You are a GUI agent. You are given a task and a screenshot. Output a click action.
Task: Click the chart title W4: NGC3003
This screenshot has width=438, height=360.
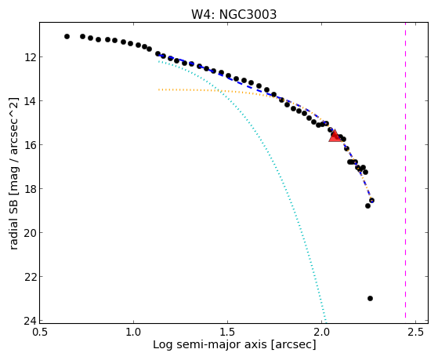tap(233, 14)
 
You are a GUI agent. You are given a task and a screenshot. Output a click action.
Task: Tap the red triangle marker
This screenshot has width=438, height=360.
tap(335, 136)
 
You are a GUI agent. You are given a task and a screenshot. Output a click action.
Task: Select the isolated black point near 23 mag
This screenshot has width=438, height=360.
tap(370, 299)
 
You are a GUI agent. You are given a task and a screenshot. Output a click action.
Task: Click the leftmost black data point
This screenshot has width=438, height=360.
tap(67, 36)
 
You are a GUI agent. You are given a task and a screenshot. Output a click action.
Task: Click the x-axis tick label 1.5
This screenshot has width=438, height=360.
tap(228, 332)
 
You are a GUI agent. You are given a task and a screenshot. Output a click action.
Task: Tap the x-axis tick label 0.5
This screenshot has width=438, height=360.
tap(40, 332)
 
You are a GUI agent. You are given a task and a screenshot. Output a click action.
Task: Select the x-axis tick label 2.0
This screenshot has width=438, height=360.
tap(321, 332)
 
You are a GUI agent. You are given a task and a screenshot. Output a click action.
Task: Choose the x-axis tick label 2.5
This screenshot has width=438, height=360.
tap(415, 332)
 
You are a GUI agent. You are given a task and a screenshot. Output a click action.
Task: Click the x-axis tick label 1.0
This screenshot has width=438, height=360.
tap(133, 332)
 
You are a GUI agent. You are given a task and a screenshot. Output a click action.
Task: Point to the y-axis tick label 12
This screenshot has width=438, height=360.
tap(29, 57)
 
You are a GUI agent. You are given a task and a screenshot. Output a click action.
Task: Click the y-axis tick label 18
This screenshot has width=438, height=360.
tap(29, 189)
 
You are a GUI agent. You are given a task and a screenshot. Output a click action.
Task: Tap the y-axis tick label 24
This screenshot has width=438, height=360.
tap(29, 321)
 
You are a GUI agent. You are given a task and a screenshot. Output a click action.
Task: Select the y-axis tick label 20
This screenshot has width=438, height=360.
tap(29, 233)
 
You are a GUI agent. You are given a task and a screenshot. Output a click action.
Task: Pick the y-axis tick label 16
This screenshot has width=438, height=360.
tap(29, 145)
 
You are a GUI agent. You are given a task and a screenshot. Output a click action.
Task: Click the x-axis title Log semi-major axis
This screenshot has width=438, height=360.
tap(210, 344)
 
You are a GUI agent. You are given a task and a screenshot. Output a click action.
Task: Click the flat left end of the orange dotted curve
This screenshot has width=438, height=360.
tap(158, 89)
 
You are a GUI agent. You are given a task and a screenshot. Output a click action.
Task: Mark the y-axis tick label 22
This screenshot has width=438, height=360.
tap(29, 277)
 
